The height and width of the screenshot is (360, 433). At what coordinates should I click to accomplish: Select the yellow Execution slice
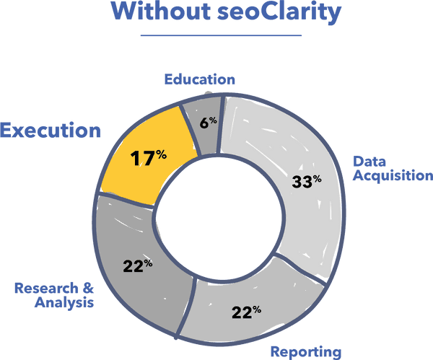[149, 155]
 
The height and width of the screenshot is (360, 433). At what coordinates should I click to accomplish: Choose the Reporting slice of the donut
[249, 310]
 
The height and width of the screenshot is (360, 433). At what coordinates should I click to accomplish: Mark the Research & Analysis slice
[141, 263]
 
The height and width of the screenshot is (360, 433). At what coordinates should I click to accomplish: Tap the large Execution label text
[51, 131]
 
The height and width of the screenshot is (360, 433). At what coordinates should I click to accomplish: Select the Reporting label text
[306, 352]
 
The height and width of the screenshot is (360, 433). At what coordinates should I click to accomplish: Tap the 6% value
[208, 123]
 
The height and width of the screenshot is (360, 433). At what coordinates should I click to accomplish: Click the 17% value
[149, 157]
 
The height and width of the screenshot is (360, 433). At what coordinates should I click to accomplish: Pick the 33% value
[306, 181]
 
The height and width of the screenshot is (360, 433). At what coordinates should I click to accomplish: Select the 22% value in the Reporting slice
[246, 312]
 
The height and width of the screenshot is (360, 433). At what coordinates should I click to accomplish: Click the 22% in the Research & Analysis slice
[137, 265]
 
